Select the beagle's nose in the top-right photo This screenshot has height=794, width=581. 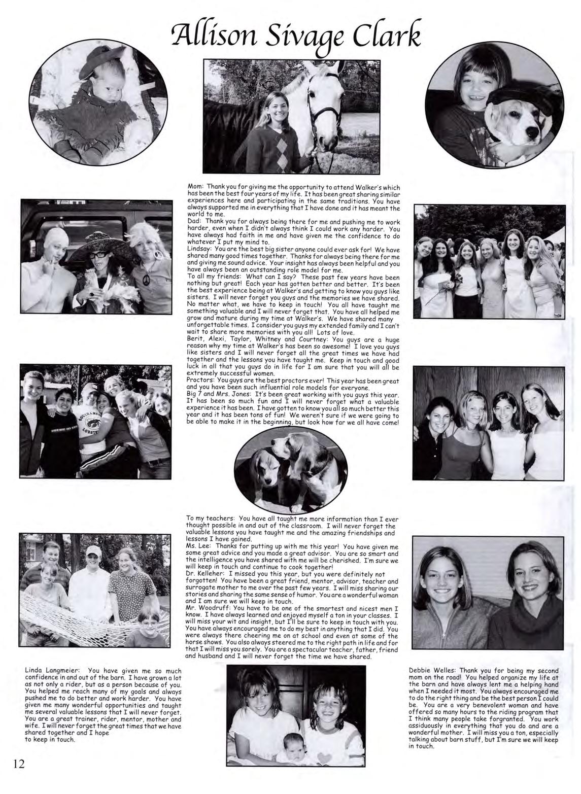(532, 133)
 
